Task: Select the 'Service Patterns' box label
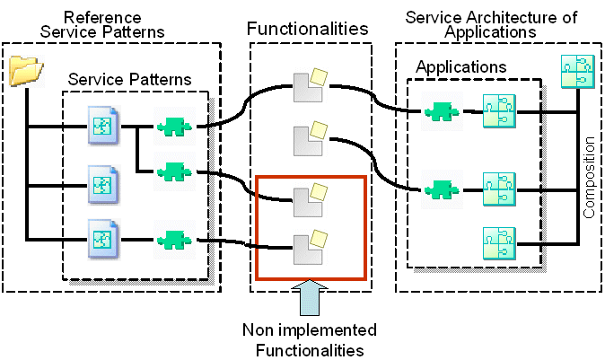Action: point(129,80)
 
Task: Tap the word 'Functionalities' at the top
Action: point(308,29)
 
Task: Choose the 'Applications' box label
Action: point(460,67)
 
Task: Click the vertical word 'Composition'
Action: point(590,178)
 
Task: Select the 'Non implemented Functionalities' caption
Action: point(310,338)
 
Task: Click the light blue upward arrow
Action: point(308,295)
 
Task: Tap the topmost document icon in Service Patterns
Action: point(101,125)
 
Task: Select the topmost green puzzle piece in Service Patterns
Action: point(171,127)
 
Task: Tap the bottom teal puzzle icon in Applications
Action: point(497,242)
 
